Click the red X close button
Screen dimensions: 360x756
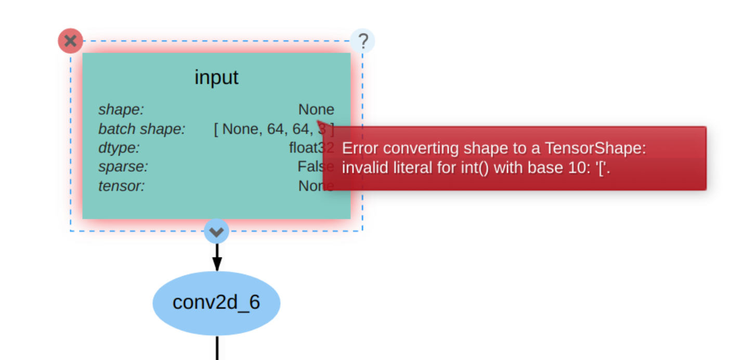(x=70, y=41)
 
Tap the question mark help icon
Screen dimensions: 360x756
(x=362, y=41)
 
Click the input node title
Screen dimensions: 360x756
(x=216, y=78)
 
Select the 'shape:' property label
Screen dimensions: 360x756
(x=121, y=110)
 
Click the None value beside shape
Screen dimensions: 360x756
(x=316, y=110)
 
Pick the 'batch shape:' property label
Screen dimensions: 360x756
(x=142, y=129)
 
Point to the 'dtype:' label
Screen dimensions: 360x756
(x=119, y=148)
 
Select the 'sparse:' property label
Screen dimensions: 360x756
(x=123, y=166)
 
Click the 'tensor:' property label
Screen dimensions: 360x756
(x=122, y=186)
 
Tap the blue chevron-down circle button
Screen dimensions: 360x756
(x=216, y=231)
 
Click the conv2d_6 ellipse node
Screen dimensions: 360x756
(x=216, y=303)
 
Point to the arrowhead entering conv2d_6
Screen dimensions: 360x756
(x=217, y=265)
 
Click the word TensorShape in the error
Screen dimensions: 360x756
(x=595, y=149)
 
